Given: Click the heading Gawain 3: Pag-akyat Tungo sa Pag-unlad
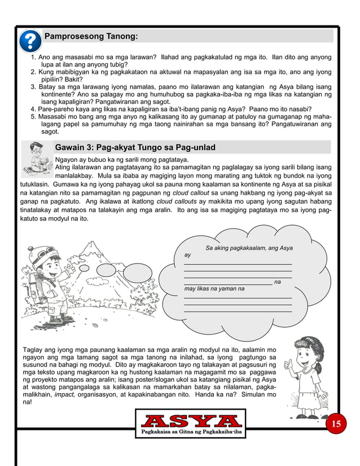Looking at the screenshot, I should coord(135,148).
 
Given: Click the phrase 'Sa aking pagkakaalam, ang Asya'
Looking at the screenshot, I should coord(249,248).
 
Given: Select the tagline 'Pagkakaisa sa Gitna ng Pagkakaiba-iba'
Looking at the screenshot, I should coord(191,432).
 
